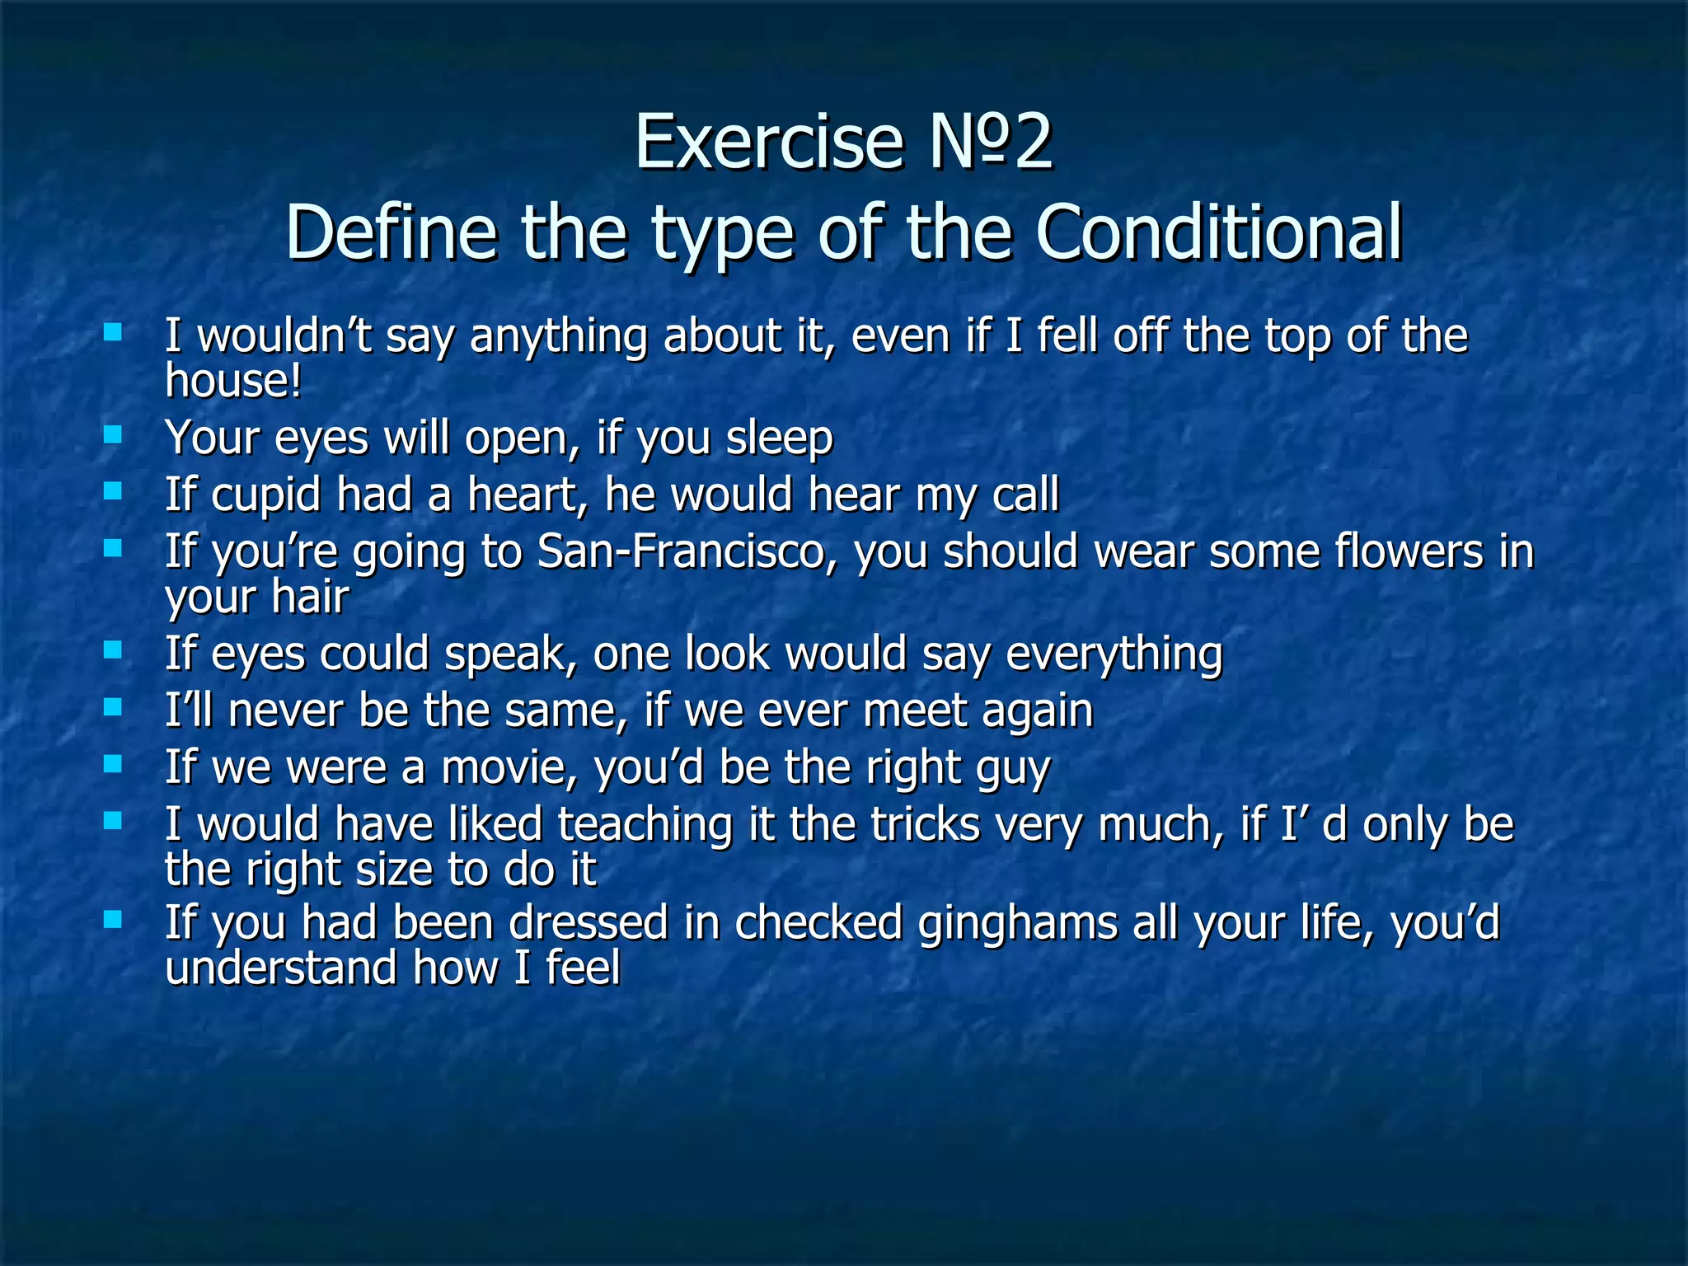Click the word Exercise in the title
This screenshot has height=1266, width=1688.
(768, 142)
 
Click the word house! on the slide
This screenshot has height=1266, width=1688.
(233, 382)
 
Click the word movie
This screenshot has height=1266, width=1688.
(511, 768)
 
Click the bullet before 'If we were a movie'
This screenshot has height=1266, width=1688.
(113, 764)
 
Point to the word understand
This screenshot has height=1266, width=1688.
(280, 968)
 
